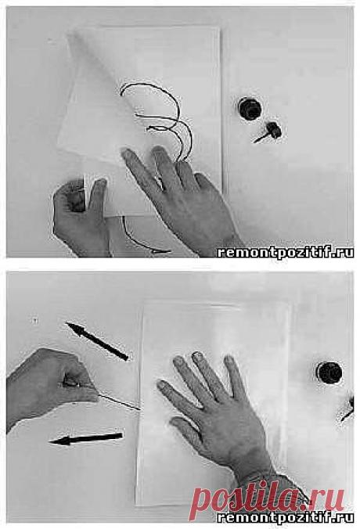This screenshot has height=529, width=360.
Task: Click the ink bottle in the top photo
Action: click(250, 109)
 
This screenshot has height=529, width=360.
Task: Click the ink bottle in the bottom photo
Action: click(329, 372)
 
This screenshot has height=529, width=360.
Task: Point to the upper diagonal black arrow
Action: click(97, 341)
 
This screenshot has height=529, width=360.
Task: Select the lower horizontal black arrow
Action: click(86, 438)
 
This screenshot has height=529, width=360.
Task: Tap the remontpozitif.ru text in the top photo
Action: click(286, 252)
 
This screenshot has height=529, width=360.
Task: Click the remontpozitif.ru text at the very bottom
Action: click(286, 517)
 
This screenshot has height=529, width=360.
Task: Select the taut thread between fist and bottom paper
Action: click(119, 401)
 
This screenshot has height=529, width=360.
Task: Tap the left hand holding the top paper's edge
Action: click(81, 216)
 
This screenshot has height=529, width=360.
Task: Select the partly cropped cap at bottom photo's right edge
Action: click(348, 409)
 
